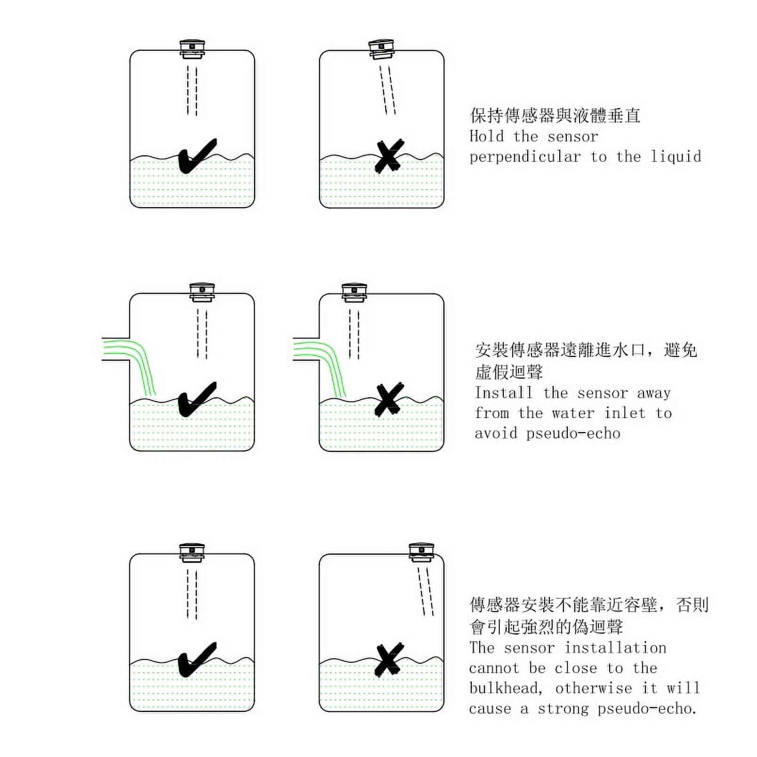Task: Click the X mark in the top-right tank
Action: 389,155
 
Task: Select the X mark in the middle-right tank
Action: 389,399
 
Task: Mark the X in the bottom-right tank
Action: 389,660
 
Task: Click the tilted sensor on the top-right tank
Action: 381,49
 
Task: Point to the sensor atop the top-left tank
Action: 192,49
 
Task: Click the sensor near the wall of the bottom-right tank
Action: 421,552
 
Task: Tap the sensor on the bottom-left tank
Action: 192,553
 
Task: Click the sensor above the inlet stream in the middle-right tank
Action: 354,292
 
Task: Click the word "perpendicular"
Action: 525,157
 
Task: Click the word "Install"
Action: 503,392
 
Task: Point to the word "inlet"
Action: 624,413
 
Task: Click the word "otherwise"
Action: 594,688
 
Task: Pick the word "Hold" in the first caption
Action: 487,136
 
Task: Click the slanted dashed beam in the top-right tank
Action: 388,90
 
